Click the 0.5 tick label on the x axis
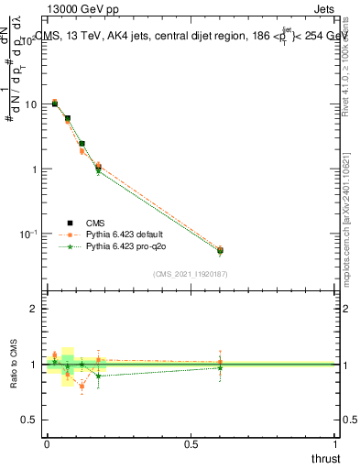click(x=191, y=444)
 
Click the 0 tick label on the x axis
click(x=47, y=444)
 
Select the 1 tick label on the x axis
click(x=336, y=444)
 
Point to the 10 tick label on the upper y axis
click(x=29, y=104)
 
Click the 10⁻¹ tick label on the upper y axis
click(x=27, y=234)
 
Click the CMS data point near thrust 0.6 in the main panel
click(x=220, y=250)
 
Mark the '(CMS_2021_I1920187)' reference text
click(x=190, y=274)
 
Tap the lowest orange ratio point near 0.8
click(x=82, y=387)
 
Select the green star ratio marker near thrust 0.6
click(x=220, y=368)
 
